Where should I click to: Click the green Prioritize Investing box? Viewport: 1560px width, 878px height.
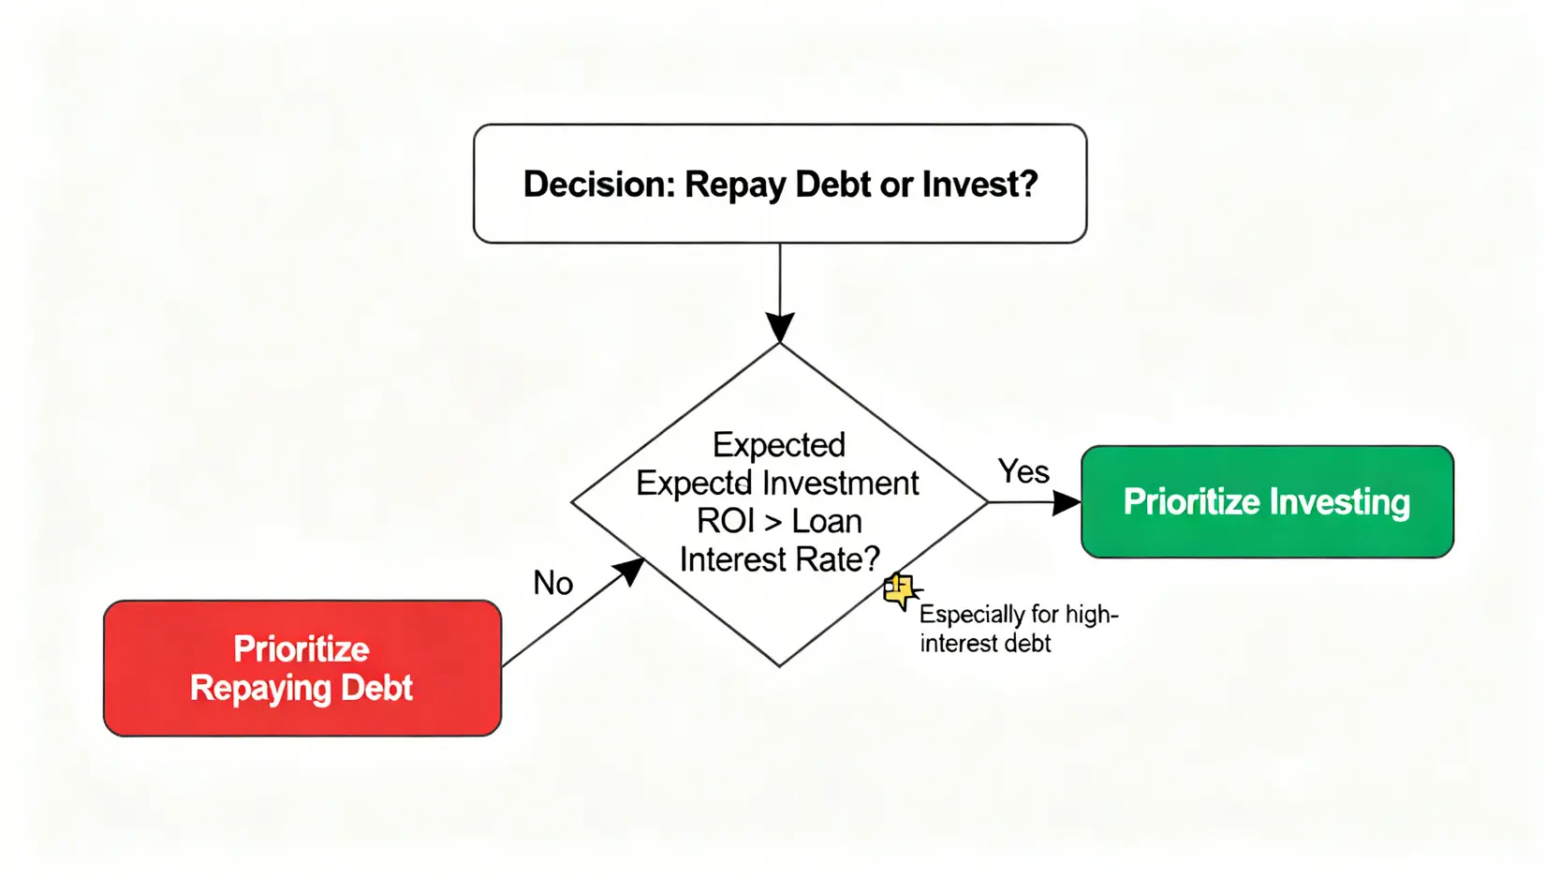click(x=1267, y=502)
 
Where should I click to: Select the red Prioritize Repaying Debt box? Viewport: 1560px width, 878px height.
click(x=302, y=668)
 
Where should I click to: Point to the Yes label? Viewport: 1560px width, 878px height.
click(x=1023, y=471)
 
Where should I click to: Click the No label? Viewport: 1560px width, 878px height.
click(x=552, y=583)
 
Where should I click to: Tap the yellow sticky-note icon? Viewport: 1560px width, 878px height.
click(x=900, y=591)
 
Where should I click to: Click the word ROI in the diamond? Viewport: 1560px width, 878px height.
click(x=725, y=521)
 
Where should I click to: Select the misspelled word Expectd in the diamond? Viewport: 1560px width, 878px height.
click(x=693, y=484)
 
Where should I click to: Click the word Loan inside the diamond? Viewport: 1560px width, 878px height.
click(x=827, y=521)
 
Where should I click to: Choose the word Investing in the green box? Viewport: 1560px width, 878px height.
click(x=1339, y=502)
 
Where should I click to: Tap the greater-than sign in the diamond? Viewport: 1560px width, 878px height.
click(x=773, y=522)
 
